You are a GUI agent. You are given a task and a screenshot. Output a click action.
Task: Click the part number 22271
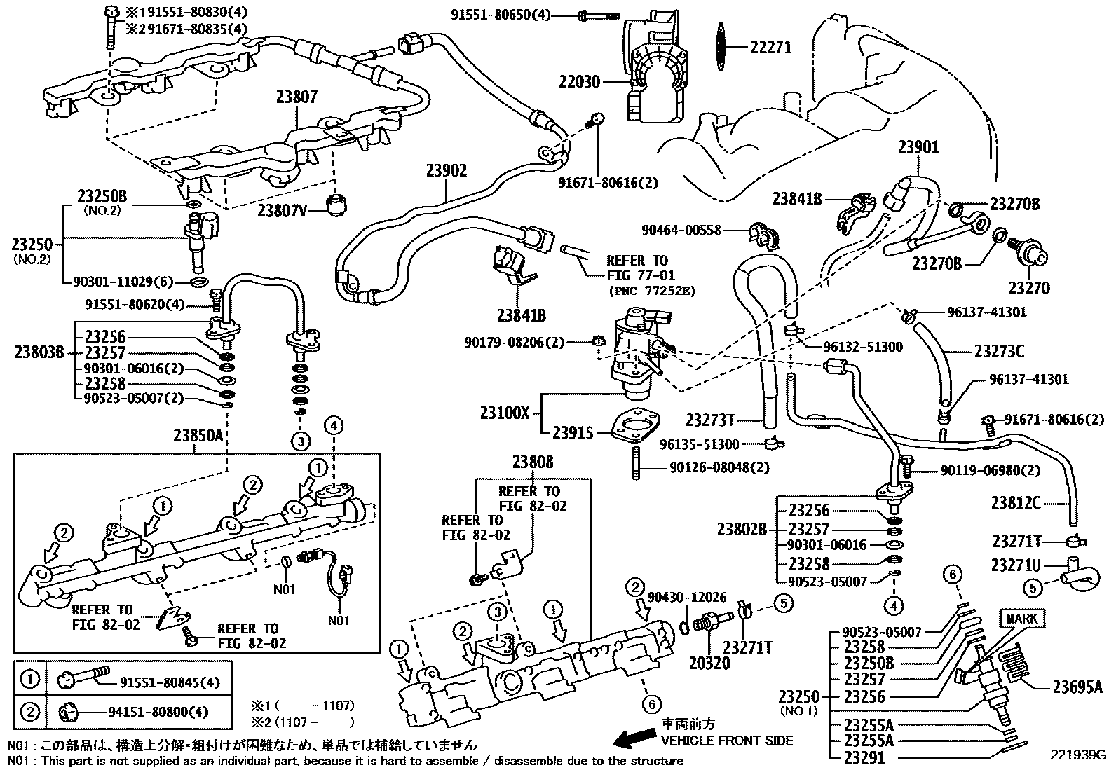770,48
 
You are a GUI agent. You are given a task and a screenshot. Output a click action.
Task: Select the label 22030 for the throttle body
580,81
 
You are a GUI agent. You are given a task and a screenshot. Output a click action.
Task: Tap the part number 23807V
282,211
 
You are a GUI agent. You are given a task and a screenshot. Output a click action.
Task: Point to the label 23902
447,170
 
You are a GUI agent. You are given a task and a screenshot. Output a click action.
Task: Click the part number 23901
919,146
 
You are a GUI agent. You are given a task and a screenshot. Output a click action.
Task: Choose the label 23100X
505,413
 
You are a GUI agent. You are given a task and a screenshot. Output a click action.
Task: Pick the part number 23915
573,433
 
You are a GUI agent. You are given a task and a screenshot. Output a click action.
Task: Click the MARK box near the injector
1021,619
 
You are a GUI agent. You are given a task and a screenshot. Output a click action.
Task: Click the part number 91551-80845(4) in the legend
170,682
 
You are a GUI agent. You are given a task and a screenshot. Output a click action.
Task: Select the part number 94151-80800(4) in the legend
158,713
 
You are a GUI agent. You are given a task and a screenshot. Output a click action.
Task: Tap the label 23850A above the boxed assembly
198,436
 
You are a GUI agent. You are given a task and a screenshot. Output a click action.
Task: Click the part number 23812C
1015,503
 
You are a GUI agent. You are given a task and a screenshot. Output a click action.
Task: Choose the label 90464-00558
681,230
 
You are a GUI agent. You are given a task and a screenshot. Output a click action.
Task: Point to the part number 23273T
710,420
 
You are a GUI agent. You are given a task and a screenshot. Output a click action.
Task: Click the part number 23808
533,462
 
